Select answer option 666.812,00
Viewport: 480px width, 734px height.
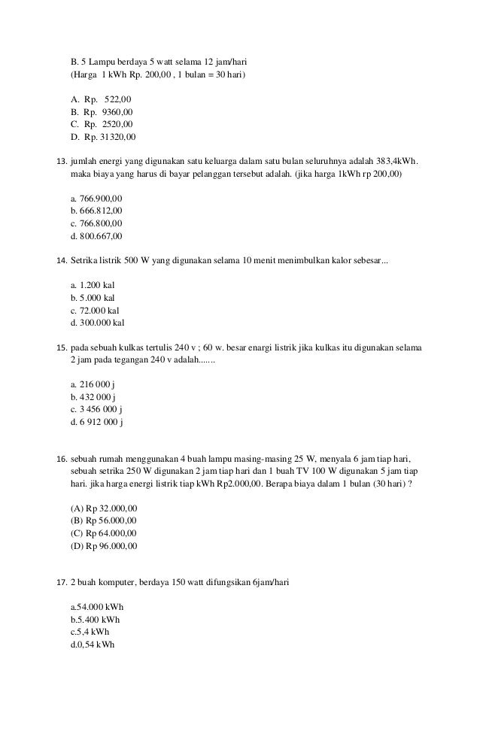(96, 211)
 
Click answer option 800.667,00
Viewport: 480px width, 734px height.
(96, 236)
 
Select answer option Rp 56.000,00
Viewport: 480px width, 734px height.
(103, 520)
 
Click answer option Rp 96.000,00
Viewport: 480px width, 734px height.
(103, 546)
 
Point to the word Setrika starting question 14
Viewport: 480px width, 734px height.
(84, 260)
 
